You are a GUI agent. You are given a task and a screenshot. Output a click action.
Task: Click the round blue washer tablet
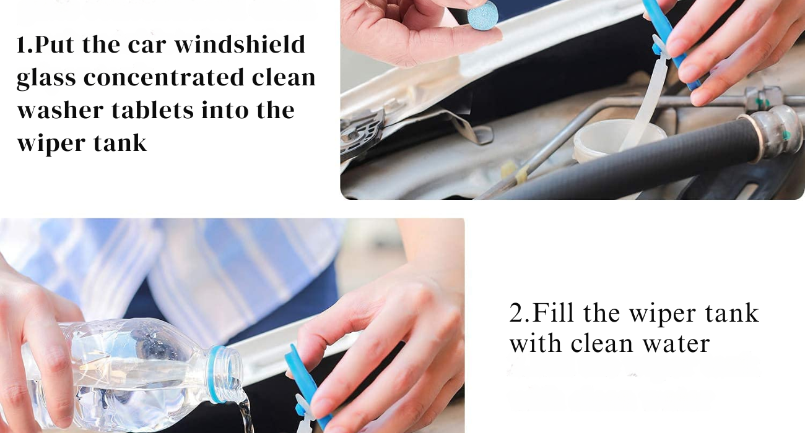pyautogui.click(x=482, y=15)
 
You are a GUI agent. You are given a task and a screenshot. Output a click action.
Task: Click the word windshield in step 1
pyautogui.click(x=240, y=45)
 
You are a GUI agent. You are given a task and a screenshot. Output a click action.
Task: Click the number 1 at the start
pyautogui.click(x=21, y=45)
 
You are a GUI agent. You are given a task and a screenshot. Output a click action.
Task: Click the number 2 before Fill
pyautogui.click(x=516, y=313)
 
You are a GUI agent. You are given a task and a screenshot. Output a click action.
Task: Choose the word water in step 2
pyautogui.click(x=676, y=343)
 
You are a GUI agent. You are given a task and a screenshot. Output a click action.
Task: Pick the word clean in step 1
pyautogui.click(x=284, y=77)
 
